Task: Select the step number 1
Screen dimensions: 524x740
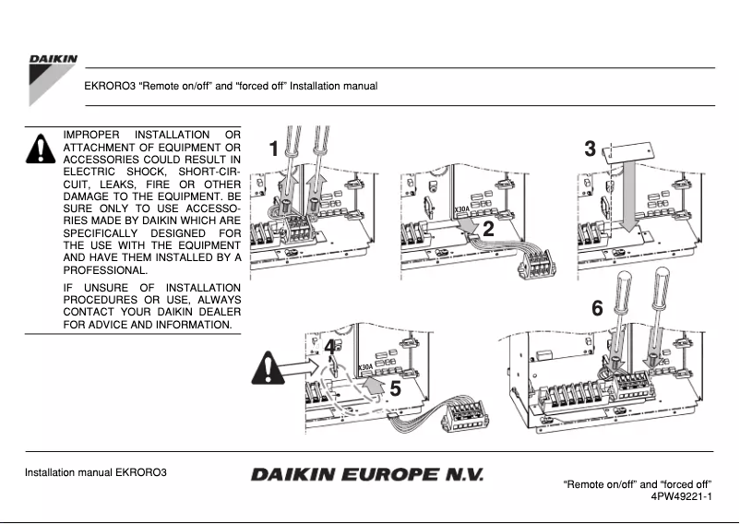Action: pos(272,149)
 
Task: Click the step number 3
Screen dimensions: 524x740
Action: pos(590,149)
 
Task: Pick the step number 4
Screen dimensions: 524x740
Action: pos(330,347)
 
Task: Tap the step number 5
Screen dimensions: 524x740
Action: pos(395,388)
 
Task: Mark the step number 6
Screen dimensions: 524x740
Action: pos(597,309)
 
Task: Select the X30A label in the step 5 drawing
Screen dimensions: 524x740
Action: pos(366,367)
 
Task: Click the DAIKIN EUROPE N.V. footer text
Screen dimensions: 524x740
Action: pos(366,475)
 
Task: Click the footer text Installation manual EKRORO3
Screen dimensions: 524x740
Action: pos(95,474)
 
